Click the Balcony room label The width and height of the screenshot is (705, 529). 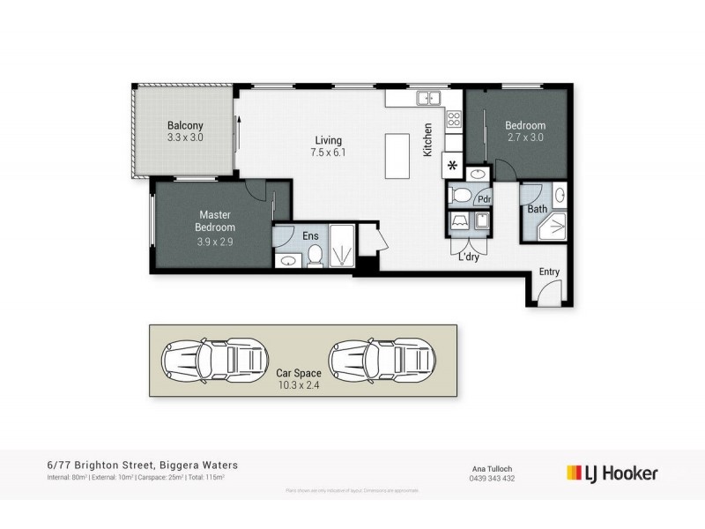pos(185,125)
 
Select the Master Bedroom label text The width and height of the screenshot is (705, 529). pos(216,221)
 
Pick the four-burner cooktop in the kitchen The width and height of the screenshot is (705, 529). pos(454,118)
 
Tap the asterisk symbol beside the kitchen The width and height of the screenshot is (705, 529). pos(453,166)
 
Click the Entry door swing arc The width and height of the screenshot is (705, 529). pos(547,295)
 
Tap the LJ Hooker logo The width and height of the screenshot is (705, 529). pos(612,473)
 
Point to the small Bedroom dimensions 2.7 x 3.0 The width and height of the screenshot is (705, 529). pos(525,138)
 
